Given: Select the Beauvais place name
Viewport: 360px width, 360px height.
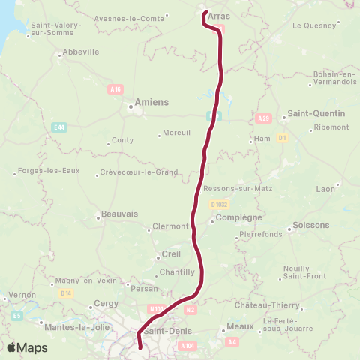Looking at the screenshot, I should pyautogui.click(x=119, y=214).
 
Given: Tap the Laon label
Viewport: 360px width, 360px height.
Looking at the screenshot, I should pyautogui.click(x=326, y=189).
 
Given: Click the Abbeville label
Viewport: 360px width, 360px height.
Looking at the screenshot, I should pyautogui.click(x=81, y=52).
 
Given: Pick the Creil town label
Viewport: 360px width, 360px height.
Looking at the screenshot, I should pyautogui.click(x=171, y=253).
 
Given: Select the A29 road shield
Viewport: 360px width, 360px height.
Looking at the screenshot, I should pyautogui.click(x=262, y=118).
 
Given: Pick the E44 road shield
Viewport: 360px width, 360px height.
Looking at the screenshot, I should pyautogui.click(x=59, y=128).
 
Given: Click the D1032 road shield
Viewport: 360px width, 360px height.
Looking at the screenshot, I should pyautogui.click(x=218, y=203).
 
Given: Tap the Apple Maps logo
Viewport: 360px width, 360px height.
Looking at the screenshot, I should pyautogui.click(x=27, y=347).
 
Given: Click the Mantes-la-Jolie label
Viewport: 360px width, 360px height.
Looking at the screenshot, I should pyautogui.click(x=67, y=327).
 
